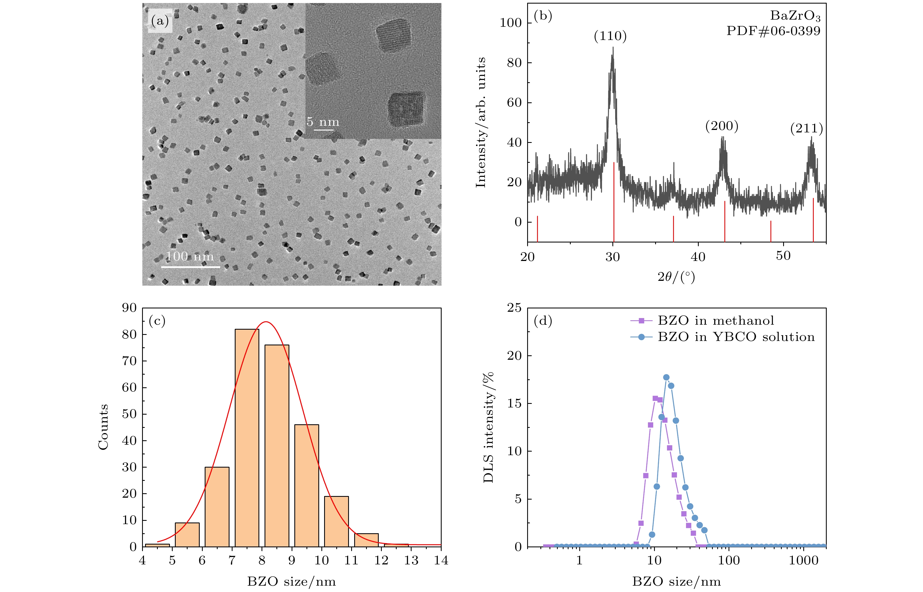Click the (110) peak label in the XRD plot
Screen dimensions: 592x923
pyautogui.click(x=610, y=36)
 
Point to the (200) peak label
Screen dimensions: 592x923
pyautogui.click(x=722, y=126)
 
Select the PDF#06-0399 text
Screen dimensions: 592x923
pyautogui.click(x=773, y=31)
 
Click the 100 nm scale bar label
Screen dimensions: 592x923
pyautogui.click(x=190, y=256)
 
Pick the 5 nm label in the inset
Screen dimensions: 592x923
pyautogui.click(x=323, y=122)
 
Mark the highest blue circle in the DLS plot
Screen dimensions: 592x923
pyautogui.click(x=666, y=377)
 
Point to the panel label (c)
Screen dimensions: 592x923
pyautogui.click(x=157, y=321)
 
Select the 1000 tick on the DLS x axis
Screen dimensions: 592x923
pyautogui.click(x=804, y=561)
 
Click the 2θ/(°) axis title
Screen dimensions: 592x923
pyautogui.click(x=676, y=277)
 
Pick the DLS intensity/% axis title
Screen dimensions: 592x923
pyautogui.click(x=489, y=427)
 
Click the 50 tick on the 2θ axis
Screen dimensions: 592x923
pyautogui.click(x=783, y=256)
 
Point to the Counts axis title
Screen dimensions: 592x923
pyautogui.click(x=103, y=427)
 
